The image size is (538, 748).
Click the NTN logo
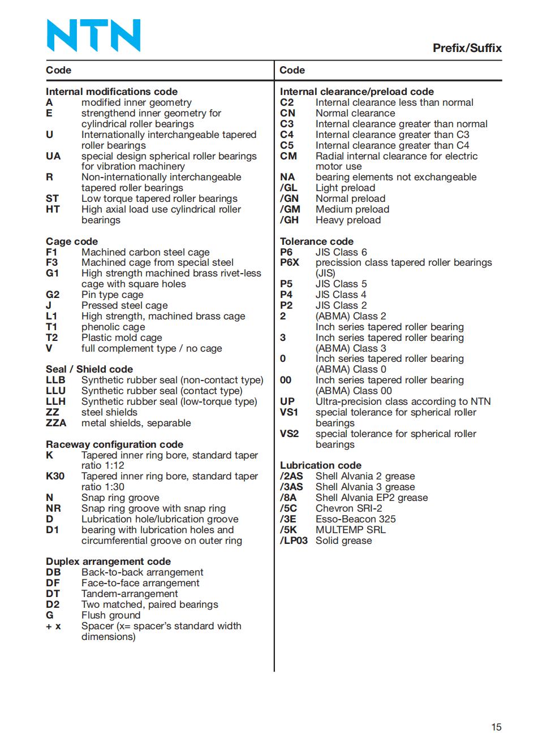[x=93, y=35]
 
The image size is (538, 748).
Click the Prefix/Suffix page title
[x=467, y=48]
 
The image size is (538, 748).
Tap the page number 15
[x=496, y=727]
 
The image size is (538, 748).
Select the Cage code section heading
[x=72, y=241]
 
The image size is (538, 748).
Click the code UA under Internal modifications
[x=53, y=156]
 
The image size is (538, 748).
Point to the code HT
[x=53, y=209]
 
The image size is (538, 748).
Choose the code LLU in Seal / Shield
[x=55, y=391]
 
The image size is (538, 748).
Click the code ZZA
[x=56, y=423]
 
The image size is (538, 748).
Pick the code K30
[x=55, y=476]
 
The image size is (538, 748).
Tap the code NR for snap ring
[x=53, y=508]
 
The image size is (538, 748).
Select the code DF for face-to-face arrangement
[x=53, y=583]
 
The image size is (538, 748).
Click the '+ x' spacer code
[x=53, y=626]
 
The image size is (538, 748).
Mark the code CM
[x=288, y=156]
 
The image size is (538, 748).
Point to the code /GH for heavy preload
[x=289, y=220]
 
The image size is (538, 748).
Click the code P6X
[x=289, y=262]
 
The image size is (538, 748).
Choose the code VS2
[x=289, y=434]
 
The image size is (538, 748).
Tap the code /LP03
[x=294, y=541]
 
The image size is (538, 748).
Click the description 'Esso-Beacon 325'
[x=355, y=519]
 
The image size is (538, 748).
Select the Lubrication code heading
[x=320, y=465]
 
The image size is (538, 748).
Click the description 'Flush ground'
[x=111, y=615]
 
